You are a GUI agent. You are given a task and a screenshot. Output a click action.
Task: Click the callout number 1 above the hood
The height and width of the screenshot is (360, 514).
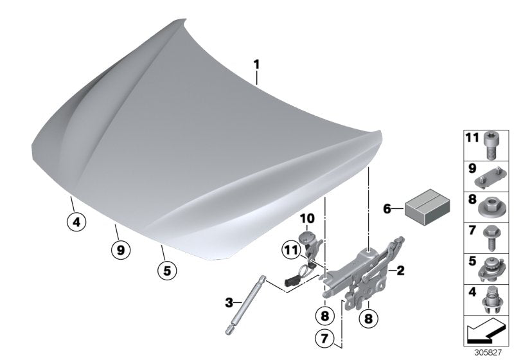[x=256, y=64]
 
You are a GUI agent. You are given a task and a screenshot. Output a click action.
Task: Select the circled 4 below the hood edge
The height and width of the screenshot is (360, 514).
[x=76, y=223]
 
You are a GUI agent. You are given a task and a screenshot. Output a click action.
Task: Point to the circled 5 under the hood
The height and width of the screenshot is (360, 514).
[x=166, y=271]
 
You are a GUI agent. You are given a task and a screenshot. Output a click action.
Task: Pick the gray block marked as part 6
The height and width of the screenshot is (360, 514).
[x=427, y=209]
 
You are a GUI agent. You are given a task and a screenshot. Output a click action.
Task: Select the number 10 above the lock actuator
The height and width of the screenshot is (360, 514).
[x=306, y=219]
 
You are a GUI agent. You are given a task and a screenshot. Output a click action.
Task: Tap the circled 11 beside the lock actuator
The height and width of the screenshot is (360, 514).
[x=290, y=251]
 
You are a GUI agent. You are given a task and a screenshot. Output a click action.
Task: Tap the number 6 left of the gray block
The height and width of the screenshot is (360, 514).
[x=387, y=208]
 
